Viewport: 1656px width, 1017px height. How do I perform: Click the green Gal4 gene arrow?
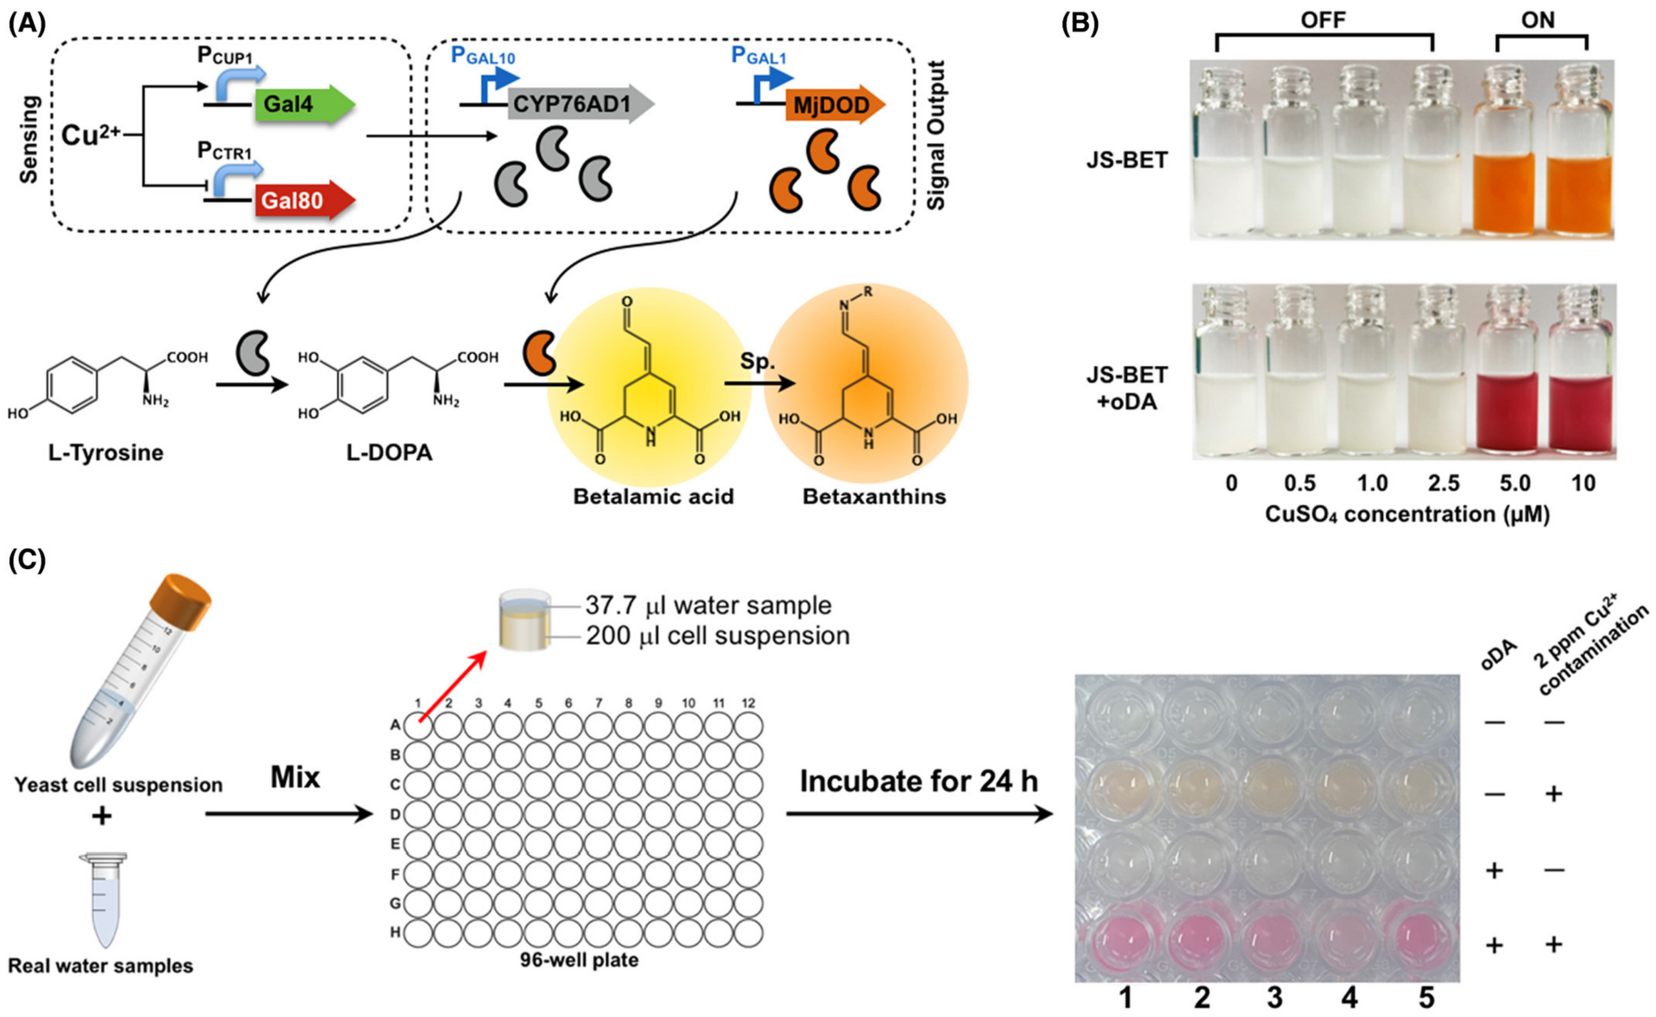[303, 105]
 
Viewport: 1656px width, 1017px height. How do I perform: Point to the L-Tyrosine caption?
[106, 453]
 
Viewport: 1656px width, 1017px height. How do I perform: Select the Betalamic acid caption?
[653, 497]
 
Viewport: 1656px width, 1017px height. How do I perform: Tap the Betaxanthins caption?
[874, 497]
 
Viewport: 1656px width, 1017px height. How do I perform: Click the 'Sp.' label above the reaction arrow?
[757, 362]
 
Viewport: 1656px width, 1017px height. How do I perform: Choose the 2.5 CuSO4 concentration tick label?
[1443, 483]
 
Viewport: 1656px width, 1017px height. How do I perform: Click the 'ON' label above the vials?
[1538, 21]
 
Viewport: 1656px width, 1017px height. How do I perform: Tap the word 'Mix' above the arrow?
[295, 777]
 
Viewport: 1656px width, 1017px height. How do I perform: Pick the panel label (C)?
[27, 560]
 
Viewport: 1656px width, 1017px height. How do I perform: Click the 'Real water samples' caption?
[100, 966]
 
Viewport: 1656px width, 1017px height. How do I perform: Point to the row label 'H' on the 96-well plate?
[396, 932]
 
